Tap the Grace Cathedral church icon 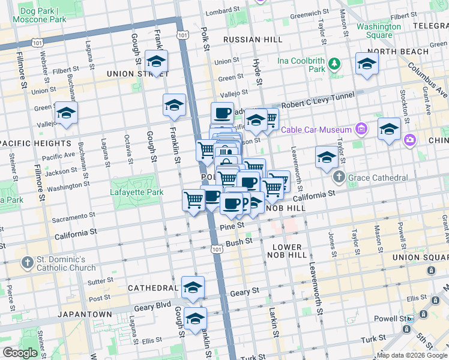pos(339,178)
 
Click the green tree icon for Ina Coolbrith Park pos(334,63)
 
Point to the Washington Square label pos(378,31)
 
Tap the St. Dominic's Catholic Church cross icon pos(27,262)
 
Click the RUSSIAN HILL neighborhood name pos(252,40)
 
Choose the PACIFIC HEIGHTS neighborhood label pos(36,143)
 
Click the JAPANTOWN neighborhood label pos(85,314)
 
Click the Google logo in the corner pos(20,353)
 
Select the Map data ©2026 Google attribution pos(411,355)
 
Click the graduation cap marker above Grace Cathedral pos(327,158)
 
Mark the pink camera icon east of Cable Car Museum pos(410,140)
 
